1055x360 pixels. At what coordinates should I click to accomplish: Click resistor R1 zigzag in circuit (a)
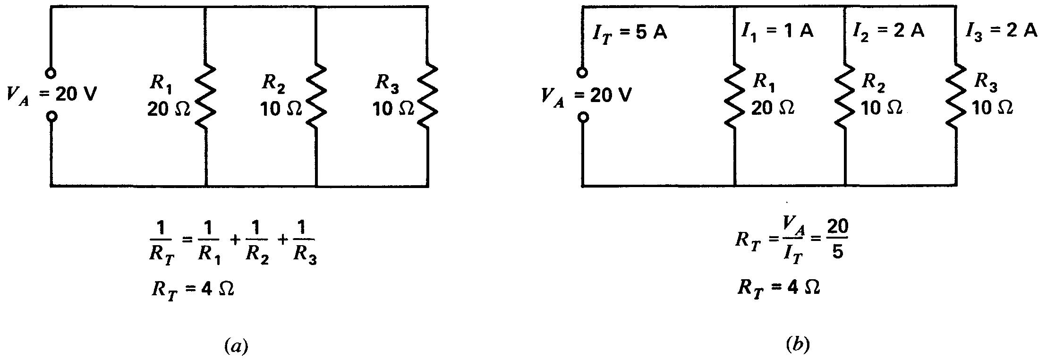[x=206, y=97]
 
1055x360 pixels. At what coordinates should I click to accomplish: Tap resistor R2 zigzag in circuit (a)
[x=316, y=97]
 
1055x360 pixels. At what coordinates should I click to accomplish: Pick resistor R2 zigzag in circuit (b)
[x=845, y=97]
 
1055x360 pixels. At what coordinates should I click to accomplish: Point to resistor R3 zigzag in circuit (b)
[x=956, y=97]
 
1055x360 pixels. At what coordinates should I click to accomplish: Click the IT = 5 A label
[x=630, y=34]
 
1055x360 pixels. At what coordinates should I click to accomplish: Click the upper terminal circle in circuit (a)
[x=51, y=73]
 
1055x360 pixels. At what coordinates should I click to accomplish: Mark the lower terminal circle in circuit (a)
[x=51, y=116]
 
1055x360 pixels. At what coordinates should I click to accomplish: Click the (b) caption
[x=797, y=345]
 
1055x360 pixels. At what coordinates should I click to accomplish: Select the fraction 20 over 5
[x=837, y=240]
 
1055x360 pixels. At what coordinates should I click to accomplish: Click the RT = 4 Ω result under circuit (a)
[x=193, y=289]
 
